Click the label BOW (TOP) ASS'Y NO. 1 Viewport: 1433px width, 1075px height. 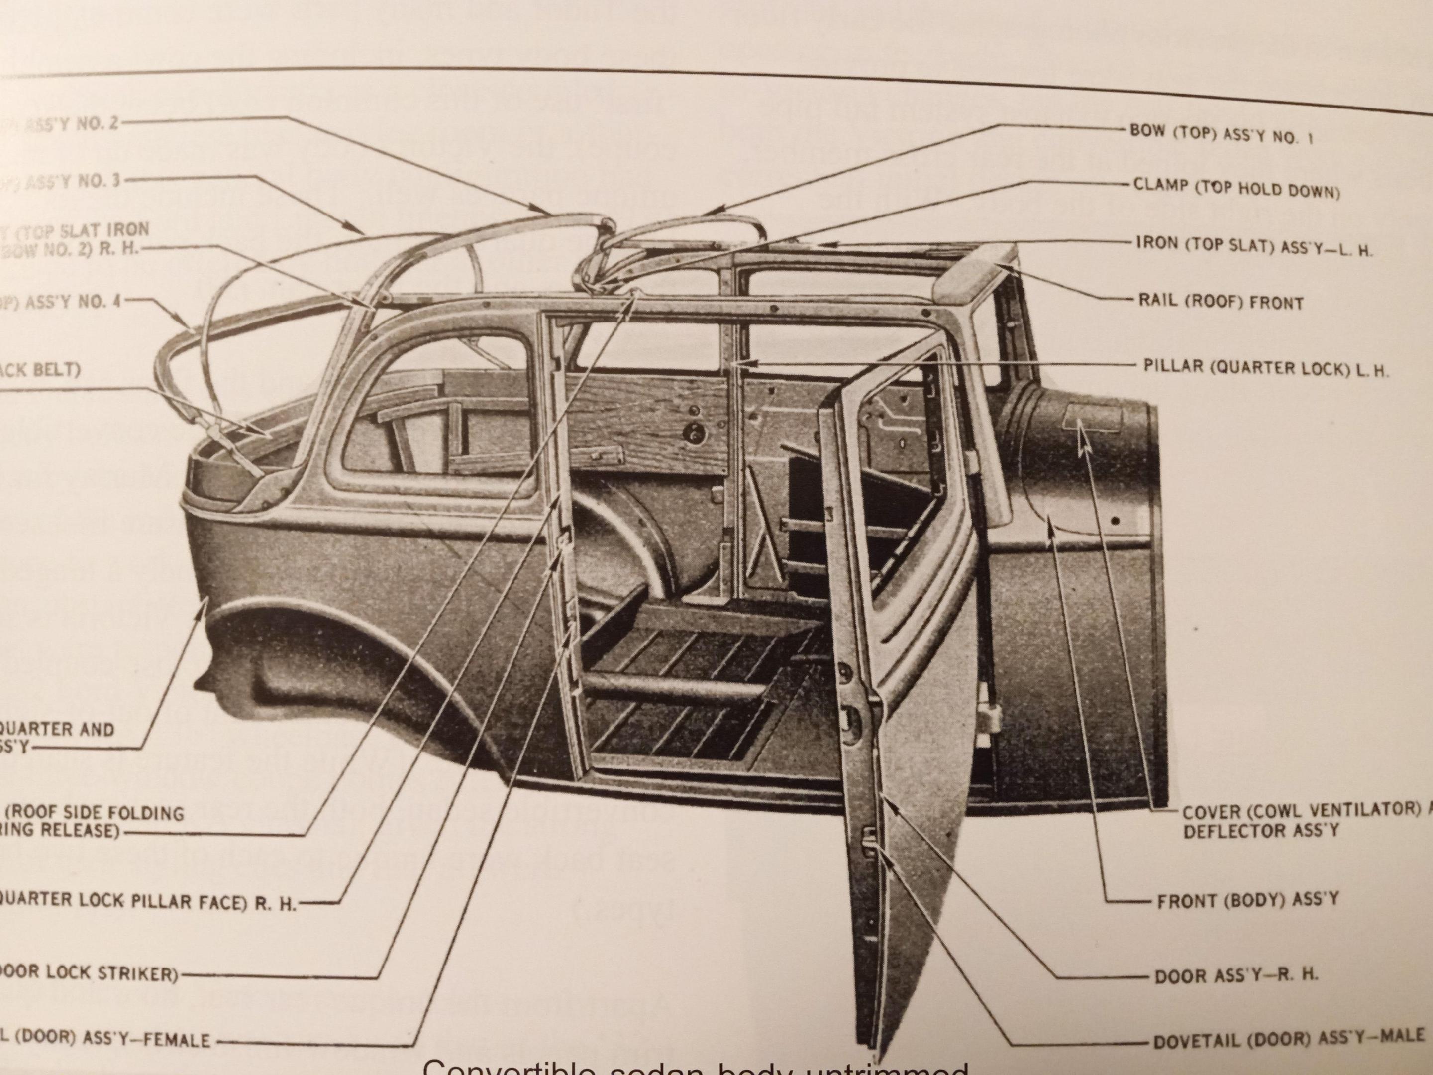1221,134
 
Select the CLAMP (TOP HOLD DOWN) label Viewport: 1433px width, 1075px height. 1236,188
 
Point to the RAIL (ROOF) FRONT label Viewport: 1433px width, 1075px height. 1221,301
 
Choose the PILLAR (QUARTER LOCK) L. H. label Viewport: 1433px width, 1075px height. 1266,369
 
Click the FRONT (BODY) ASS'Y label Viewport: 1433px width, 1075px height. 1247,900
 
